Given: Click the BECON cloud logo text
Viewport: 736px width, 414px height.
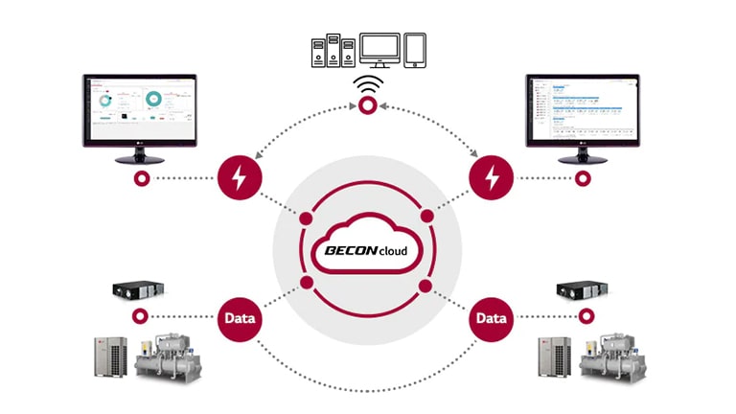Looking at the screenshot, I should click(367, 252).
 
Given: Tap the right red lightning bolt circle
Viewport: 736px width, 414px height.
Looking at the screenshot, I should click(492, 178).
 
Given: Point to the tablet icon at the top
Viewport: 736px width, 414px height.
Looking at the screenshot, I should click(415, 49).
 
